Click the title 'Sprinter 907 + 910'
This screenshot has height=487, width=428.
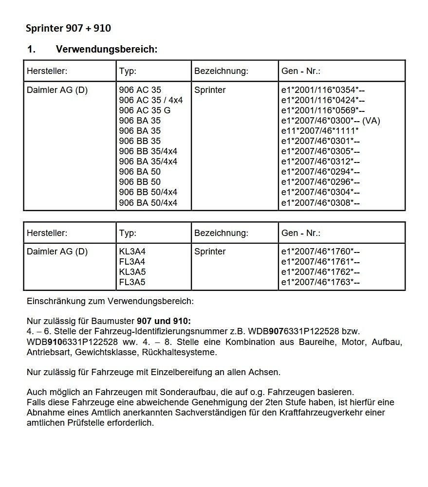pyautogui.click(x=68, y=28)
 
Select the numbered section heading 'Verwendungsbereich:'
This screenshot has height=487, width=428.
pyautogui.click(x=106, y=49)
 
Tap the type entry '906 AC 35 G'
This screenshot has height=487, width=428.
pyautogui.click(x=145, y=110)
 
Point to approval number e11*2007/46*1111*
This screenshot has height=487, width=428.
pyautogui.click(x=320, y=131)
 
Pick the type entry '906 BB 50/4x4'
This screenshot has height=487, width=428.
pyautogui.click(x=148, y=192)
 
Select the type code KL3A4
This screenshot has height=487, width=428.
pyautogui.click(x=132, y=252)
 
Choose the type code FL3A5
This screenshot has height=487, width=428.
pyautogui.click(x=132, y=282)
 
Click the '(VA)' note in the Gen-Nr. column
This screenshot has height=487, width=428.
pyautogui.click(x=371, y=121)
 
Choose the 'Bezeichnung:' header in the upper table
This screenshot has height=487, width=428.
pyautogui.click(x=221, y=71)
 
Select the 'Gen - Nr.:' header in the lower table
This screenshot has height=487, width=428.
pyautogui.click(x=301, y=233)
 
